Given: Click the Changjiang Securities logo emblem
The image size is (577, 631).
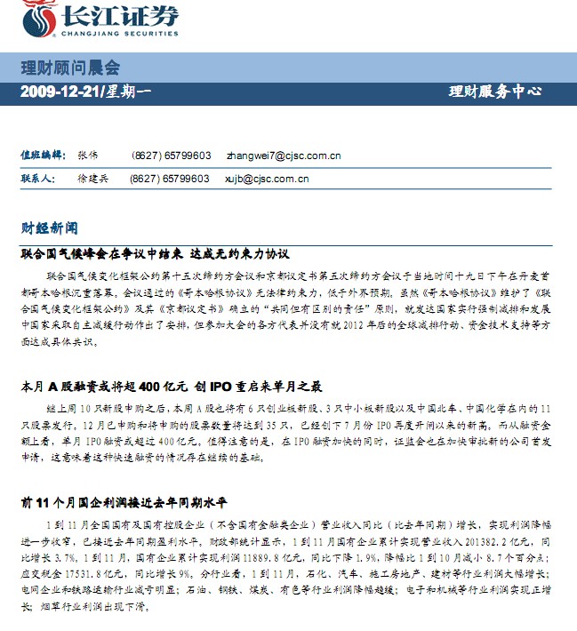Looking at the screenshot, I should point(36,18).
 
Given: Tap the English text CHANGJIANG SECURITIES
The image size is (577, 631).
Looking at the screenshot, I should point(117,35).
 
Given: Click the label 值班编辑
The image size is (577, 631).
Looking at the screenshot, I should point(43,156).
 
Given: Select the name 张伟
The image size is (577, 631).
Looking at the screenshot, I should point(87,156).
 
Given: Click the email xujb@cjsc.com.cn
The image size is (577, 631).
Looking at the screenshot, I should point(268,179).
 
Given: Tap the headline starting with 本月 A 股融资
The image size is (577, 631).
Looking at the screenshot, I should point(171,387).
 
